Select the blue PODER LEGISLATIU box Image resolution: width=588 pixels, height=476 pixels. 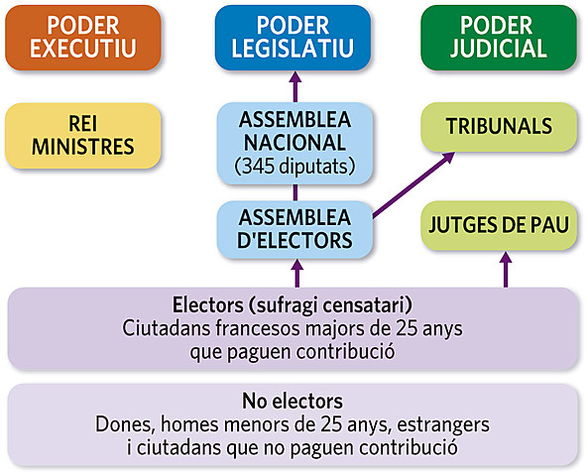click(293, 37)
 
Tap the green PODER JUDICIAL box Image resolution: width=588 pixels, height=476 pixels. click(499, 37)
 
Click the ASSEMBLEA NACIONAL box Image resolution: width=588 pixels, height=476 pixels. click(293, 142)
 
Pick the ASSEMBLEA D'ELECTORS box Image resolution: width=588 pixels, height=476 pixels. click(293, 228)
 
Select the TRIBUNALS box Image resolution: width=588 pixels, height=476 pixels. click(499, 127)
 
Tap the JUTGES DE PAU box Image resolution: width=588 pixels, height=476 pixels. click(499, 225)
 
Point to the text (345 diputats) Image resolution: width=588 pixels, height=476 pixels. click(293, 166)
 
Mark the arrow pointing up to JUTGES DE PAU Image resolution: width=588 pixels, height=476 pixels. click(507, 269)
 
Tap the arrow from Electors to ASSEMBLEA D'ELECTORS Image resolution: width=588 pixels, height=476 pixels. click(294, 271)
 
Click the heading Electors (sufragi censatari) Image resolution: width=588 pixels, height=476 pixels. click(293, 304)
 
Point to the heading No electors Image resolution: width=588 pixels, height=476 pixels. click(293, 402)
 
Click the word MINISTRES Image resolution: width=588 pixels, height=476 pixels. click(82, 148)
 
